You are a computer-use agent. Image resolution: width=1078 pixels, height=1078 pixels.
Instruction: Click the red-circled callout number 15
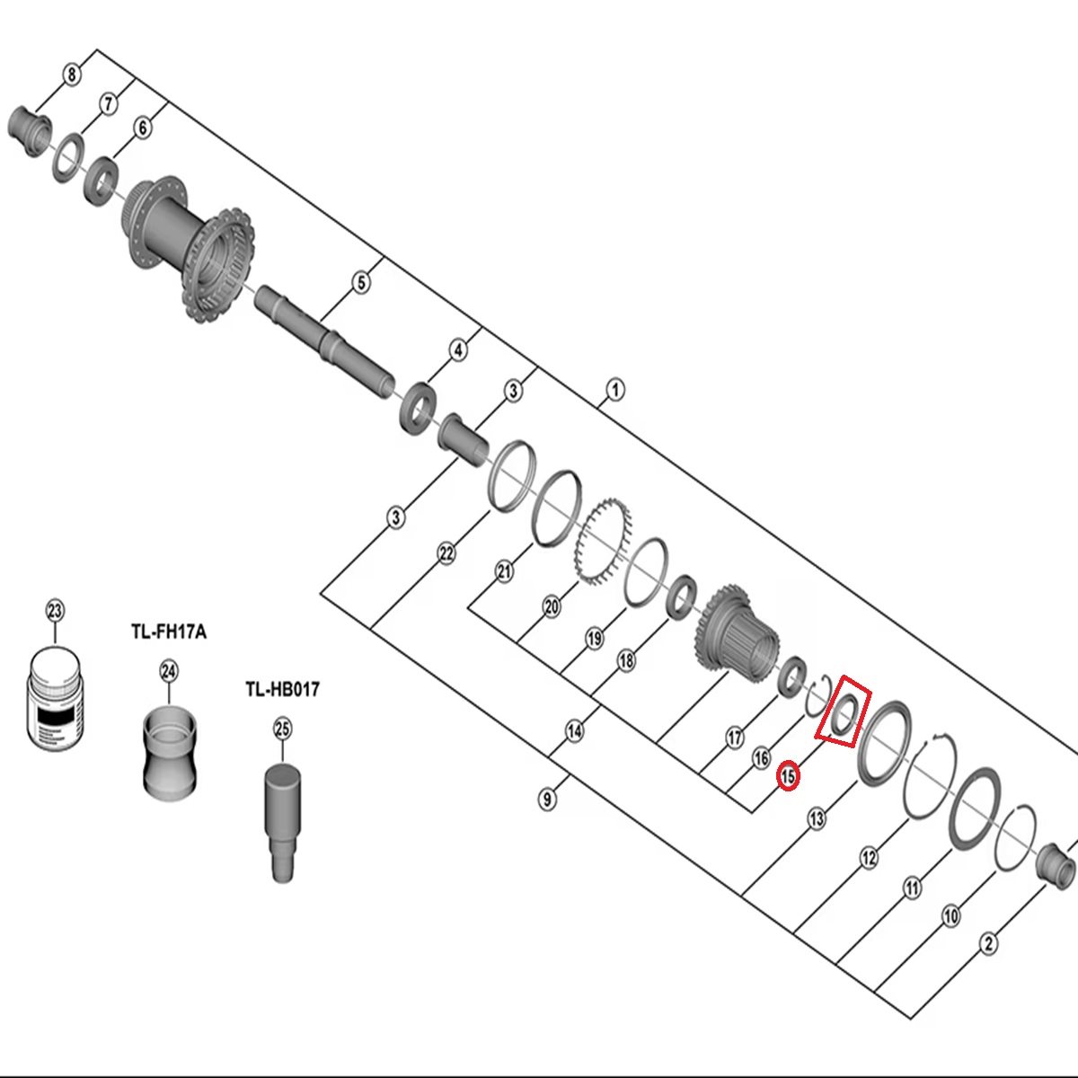point(788,776)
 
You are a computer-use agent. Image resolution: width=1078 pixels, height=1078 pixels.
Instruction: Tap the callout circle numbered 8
point(71,75)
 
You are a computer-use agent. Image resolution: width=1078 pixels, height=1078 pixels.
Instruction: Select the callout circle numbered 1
point(615,390)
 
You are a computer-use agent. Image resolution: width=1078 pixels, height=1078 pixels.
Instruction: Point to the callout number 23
point(55,611)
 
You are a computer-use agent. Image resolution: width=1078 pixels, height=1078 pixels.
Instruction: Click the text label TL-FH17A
point(169,632)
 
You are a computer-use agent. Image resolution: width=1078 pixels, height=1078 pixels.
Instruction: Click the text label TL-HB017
point(282,689)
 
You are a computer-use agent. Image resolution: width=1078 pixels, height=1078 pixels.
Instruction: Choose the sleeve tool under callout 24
point(170,751)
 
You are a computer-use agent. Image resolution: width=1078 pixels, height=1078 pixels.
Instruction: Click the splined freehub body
point(736,632)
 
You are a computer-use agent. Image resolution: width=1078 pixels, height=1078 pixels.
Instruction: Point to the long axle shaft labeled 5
point(325,342)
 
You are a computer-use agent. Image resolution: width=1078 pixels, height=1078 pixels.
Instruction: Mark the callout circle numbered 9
point(547,799)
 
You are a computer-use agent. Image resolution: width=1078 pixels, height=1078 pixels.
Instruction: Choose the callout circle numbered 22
point(446,554)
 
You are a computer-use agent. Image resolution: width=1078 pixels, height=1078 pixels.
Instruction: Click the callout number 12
point(869,858)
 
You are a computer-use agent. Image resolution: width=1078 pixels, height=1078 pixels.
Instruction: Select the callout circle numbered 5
point(361,282)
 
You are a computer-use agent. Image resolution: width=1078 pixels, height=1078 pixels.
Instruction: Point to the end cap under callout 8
point(31,130)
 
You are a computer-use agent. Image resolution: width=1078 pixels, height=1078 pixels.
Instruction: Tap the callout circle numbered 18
point(626,660)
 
